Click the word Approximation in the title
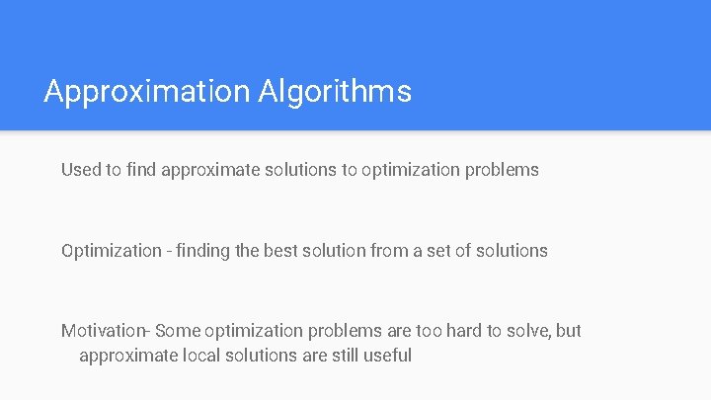147,92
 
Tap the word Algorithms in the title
335,92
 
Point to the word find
141,170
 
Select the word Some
177,331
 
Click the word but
569,331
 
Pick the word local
203,355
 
